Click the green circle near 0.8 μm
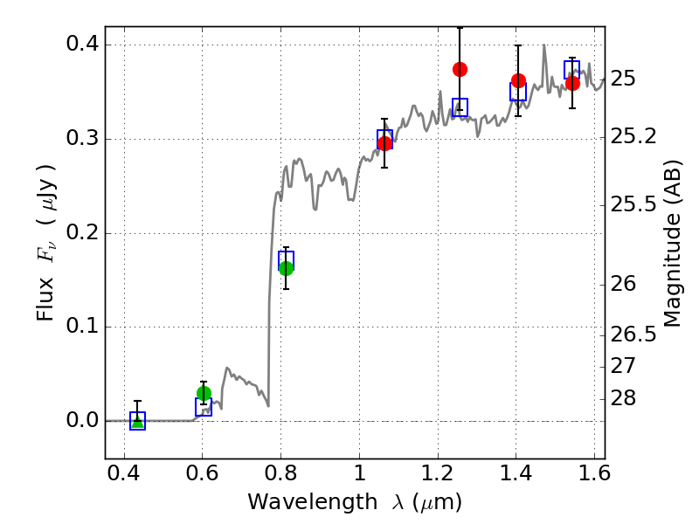(286, 268)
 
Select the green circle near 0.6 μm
(204, 393)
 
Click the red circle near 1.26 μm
(460, 69)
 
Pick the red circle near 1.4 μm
(518, 81)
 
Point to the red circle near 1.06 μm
(384, 143)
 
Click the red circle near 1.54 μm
(572, 83)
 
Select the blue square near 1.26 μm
(460, 107)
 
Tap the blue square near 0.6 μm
(204, 408)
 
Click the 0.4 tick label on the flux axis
(80, 45)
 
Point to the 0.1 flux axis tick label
(80, 327)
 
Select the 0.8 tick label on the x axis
(280, 477)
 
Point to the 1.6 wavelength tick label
(593, 477)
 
